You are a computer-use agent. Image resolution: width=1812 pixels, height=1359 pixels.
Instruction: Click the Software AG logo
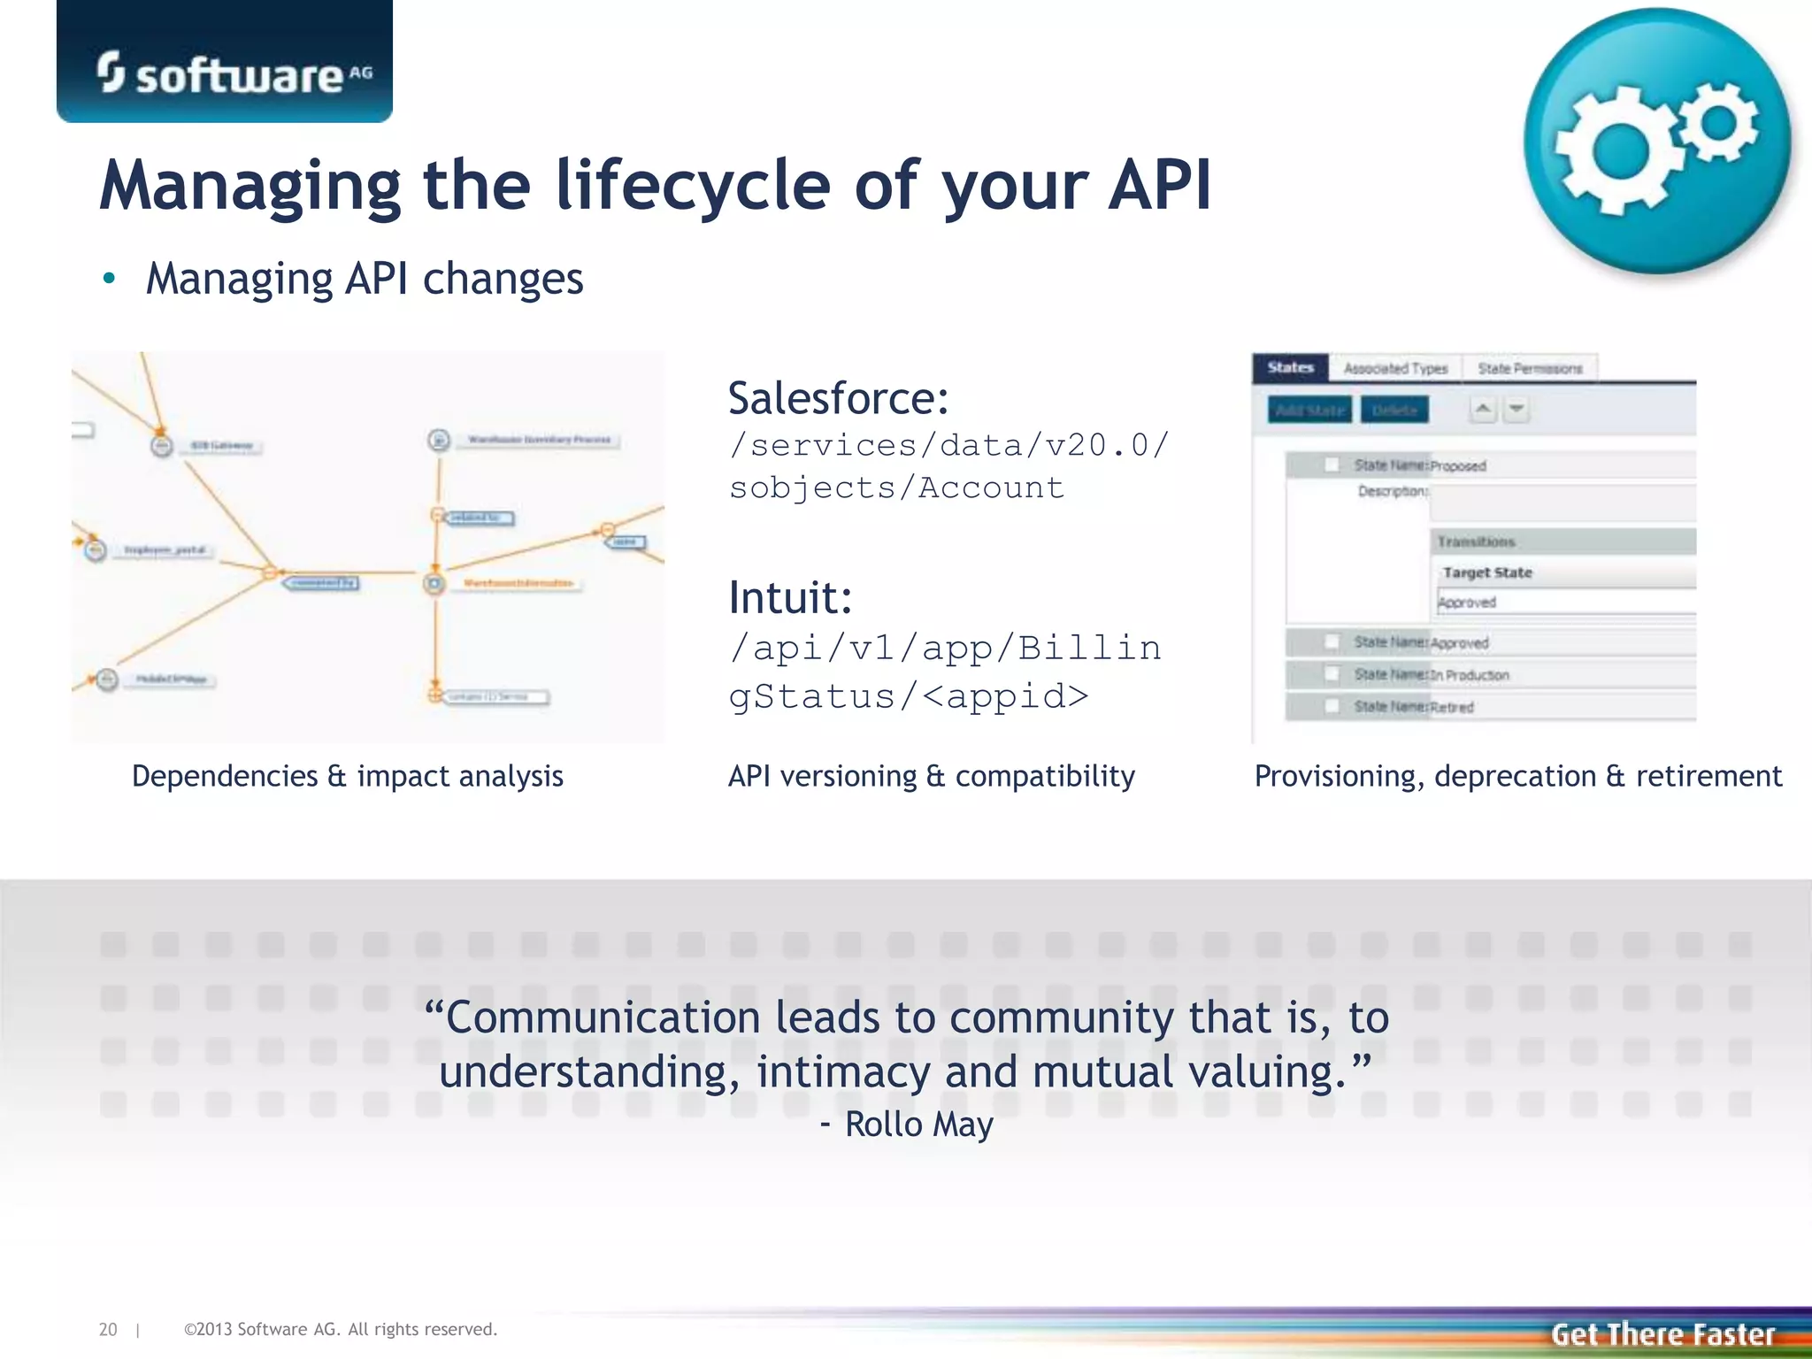[x=234, y=73]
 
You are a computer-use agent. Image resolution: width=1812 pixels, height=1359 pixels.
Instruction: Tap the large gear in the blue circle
[x=1617, y=151]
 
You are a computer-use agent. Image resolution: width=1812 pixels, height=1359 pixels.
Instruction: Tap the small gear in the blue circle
[x=1718, y=122]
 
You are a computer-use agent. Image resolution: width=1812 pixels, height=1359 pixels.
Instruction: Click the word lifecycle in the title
[x=693, y=186]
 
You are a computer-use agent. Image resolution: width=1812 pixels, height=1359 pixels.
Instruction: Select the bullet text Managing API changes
[x=365, y=279]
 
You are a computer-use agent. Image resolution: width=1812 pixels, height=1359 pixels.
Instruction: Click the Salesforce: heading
[x=838, y=398]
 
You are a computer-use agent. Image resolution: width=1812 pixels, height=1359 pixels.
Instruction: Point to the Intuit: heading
[x=789, y=597]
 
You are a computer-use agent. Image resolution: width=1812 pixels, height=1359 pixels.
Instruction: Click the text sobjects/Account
[x=895, y=488]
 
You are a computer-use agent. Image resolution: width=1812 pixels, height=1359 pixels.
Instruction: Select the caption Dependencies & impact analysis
[x=347, y=776]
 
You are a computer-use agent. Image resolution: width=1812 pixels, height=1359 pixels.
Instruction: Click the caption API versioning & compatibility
[x=931, y=776]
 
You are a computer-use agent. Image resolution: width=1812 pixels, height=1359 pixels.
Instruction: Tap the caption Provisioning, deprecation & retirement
[x=1517, y=776]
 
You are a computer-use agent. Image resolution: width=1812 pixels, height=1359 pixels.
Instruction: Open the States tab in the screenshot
[x=1290, y=368]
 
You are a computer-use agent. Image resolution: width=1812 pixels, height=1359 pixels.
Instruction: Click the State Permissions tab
[x=1530, y=368]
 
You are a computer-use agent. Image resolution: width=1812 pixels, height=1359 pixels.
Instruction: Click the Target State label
[x=1487, y=572]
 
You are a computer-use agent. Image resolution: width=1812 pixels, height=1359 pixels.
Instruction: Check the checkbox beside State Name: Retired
[x=1332, y=706]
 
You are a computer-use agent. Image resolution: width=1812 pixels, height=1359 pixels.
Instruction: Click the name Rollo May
[x=918, y=1125]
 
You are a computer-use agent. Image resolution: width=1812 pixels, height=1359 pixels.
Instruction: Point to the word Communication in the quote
[x=602, y=1017]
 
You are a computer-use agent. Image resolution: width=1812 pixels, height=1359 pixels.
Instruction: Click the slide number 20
[x=108, y=1329]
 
